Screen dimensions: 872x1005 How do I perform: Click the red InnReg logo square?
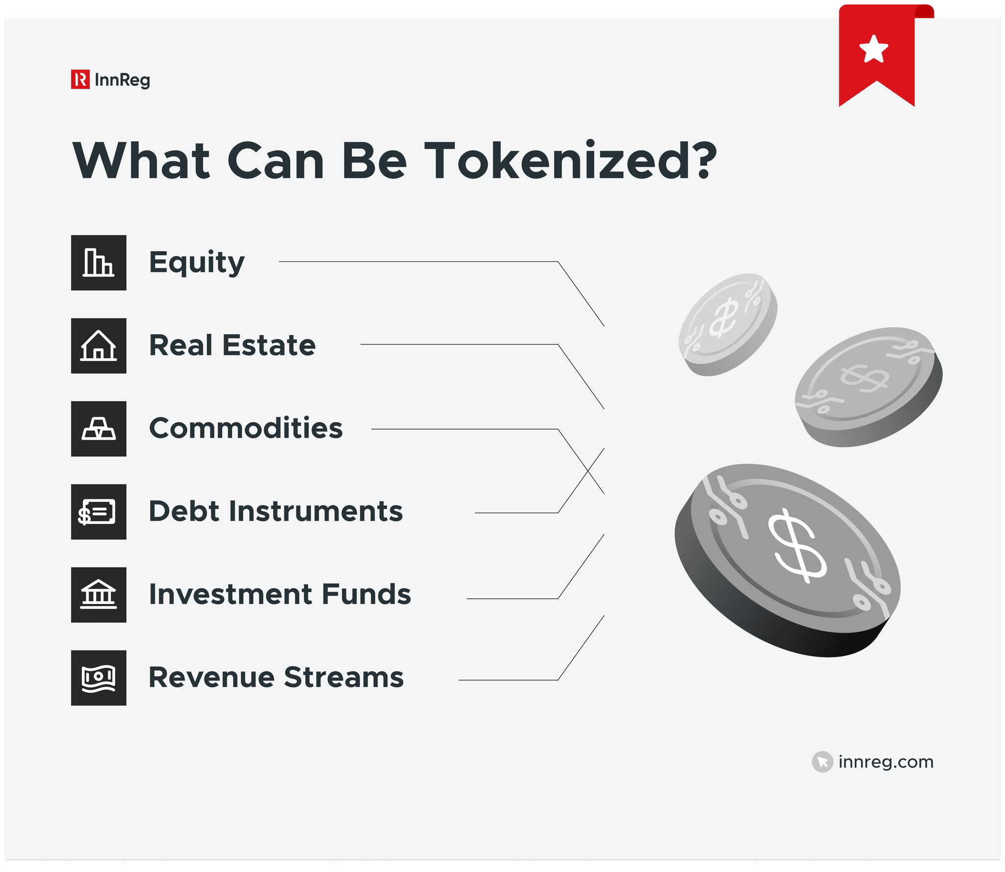[x=80, y=80]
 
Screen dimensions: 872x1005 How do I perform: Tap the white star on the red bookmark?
[x=873, y=49]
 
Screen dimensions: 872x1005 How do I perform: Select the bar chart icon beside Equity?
[x=99, y=263]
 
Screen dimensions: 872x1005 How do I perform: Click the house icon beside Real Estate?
[x=99, y=346]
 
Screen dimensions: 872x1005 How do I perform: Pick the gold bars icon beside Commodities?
[x=99, y=429]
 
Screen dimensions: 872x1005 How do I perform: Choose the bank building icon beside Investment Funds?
[x=99, y=595]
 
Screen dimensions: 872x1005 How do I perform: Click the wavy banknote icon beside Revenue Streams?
[x=99, y=678]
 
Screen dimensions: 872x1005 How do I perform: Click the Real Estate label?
[x=232, y=345]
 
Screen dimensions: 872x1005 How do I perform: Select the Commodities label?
[x=245, y=428]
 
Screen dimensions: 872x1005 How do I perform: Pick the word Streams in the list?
[x=344, y=678]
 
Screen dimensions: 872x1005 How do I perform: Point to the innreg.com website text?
[x=886, y=762]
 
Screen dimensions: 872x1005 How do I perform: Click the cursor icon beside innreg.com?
[x=822, y=762]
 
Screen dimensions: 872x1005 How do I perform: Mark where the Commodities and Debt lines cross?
[x=588, y=471]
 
